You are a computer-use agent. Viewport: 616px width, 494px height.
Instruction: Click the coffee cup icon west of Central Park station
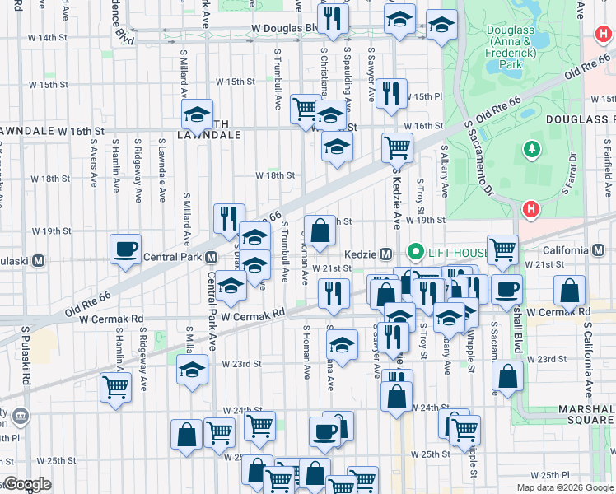tap(125, 249)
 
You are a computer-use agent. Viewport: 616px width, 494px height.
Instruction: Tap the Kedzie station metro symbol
tap(385, 253)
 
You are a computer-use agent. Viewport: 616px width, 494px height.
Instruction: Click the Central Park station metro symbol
tap(211, 256)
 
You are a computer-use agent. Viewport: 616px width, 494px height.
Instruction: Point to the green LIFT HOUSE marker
tap(416, 251)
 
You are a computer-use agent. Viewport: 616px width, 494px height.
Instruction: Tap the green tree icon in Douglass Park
tap(532, 151)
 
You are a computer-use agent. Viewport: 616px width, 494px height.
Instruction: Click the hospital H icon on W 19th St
tap(531, 209)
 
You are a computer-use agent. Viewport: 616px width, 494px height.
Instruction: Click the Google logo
tap(26, 484)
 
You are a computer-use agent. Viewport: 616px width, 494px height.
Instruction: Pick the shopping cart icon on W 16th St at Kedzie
tap(397, 148)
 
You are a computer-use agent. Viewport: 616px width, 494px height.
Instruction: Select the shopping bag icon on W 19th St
tap(320, 231)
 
